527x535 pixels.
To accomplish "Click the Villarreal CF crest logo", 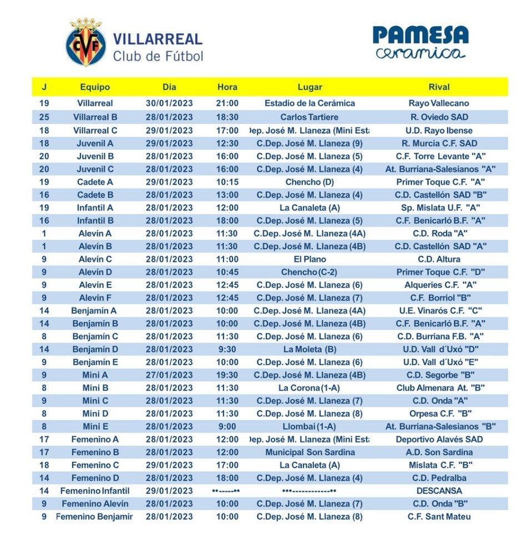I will pyautogui.click(x=85, y=43).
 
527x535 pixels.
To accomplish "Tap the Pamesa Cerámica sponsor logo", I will pyautogui.click(x=420, y=42).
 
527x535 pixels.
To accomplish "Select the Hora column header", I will pyautogui.click(x=227, y=87).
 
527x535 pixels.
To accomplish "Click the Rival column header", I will pyautogui.click(x=439, y=87).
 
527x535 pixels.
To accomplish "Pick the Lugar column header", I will pyautogui.click(x=310, y=87).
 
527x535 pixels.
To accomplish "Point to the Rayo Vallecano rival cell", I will pyautogui.click(x=439, y=103).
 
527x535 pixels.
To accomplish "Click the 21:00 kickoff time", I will pyautogui.click(x=227, y=103).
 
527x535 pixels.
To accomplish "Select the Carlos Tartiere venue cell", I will pyautogui.click(x=310, y=117).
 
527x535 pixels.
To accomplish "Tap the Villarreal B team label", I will pyautogui.click(x=95, y=117).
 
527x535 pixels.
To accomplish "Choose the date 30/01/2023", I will pyautogui.click(x=169, y=103).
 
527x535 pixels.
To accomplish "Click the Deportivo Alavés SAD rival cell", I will pyautogui.click(x=439, y=440).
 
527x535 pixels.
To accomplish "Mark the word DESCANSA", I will pyautogui.click(x=439, y=491).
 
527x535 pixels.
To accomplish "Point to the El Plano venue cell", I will pyautogui.click(x=310, y=259).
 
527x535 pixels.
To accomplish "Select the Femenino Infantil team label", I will pyautogui.click(x=95, y=491).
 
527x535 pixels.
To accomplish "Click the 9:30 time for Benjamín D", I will pyautogui.click(x=227, y=349).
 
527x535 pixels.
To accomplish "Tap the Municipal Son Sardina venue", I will pyautogui.click(x=310, y=452).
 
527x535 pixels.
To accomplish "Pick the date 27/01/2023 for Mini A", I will pyautogui.click(x=169, y=375).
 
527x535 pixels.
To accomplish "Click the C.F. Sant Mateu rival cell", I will pyautogui.click(x=439, y=517).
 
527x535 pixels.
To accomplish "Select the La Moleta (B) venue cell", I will pyautogui.click(x=310, y=349).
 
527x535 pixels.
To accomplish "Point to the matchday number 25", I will pyautogui.click(x=44, y=117).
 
